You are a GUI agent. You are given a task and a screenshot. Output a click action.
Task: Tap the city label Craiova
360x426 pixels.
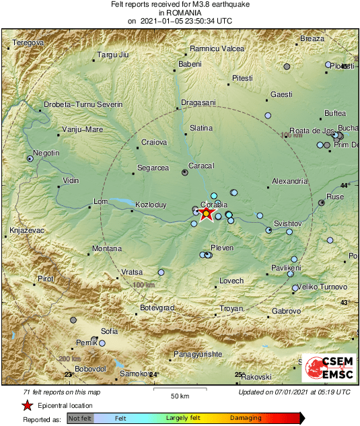point(153,142)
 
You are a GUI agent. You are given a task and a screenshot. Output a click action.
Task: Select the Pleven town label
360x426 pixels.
point(222,248)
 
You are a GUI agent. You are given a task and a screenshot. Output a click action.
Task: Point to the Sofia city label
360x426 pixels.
point(109,331)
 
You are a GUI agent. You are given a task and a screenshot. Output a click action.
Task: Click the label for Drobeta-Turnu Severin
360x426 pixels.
point(83,104)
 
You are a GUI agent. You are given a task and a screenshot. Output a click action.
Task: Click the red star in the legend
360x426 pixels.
point(28,405)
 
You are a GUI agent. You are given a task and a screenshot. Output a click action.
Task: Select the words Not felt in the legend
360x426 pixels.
point(80,419)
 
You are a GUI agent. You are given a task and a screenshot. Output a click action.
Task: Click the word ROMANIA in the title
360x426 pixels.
point(180,13)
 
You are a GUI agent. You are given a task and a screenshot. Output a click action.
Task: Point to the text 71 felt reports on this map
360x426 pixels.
point(61,392)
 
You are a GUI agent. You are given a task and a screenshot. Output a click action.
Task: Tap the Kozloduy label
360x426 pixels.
point(151,203)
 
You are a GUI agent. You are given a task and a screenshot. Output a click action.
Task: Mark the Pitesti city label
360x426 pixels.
point(242,79)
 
